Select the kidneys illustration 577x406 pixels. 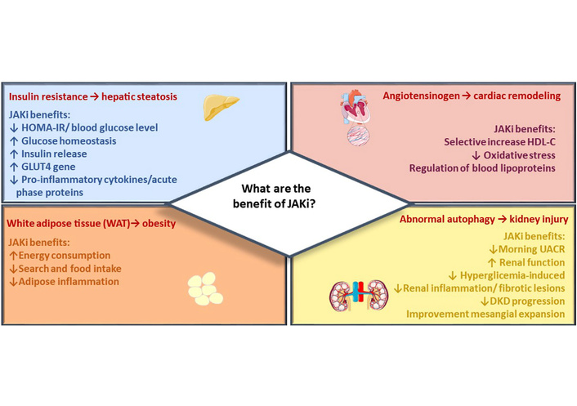pos(356,297)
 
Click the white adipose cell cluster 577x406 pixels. pos(205,285)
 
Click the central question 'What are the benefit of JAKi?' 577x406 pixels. pos(288,203)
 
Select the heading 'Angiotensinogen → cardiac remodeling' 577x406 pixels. pos(472,96)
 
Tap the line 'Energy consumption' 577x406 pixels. pos(61,256)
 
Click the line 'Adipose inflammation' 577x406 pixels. pos(64,282)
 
